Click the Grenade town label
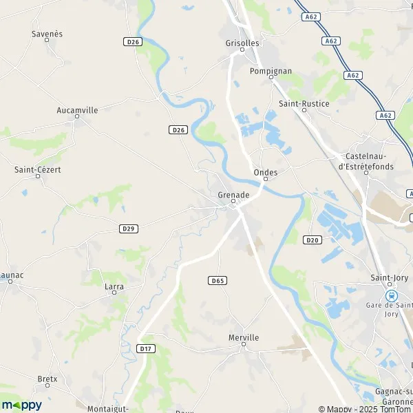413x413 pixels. click(x=233, y=195)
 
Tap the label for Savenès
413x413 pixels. click(x=47, y=33)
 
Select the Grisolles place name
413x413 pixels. click(x=242, y=43)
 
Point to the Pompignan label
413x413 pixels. click(x=271, y=71)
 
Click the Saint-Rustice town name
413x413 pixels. click(x=304, y=103)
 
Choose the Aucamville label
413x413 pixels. click(x=77, y=110)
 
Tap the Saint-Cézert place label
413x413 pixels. click(x=38, y=169)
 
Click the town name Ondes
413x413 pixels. click(x=266, y=172)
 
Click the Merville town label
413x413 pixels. click(x=244, y=337)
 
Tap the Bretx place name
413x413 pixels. click(x=47, y=379)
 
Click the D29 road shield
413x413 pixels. click(x=127, y=229)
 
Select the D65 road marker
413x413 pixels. click(x=218, y=281)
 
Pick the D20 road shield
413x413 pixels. click(x=313, y=240)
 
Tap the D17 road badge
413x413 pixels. click(x=145, y=348)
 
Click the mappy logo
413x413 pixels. click(x=21, y=405)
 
